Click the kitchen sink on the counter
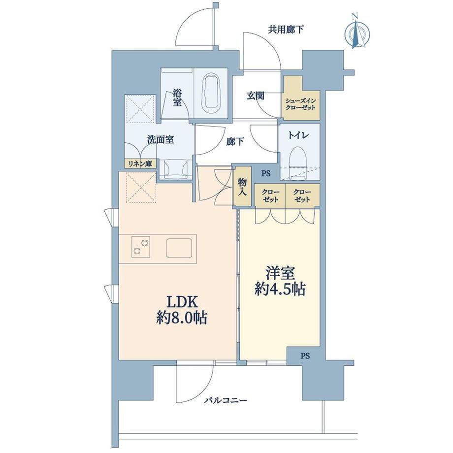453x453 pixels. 179,248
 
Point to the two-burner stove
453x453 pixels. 141,246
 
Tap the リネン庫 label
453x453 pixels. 140,164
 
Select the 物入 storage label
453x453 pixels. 242,187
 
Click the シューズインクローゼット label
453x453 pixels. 300,104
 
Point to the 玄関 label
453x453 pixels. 256,96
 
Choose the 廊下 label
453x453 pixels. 235,141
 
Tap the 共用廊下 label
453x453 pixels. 286,30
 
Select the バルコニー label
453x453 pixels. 226,400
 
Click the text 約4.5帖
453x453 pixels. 280,289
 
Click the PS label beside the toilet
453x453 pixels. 266,174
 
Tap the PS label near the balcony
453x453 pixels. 305,356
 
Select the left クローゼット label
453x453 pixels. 270,195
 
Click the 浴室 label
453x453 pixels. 177,97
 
